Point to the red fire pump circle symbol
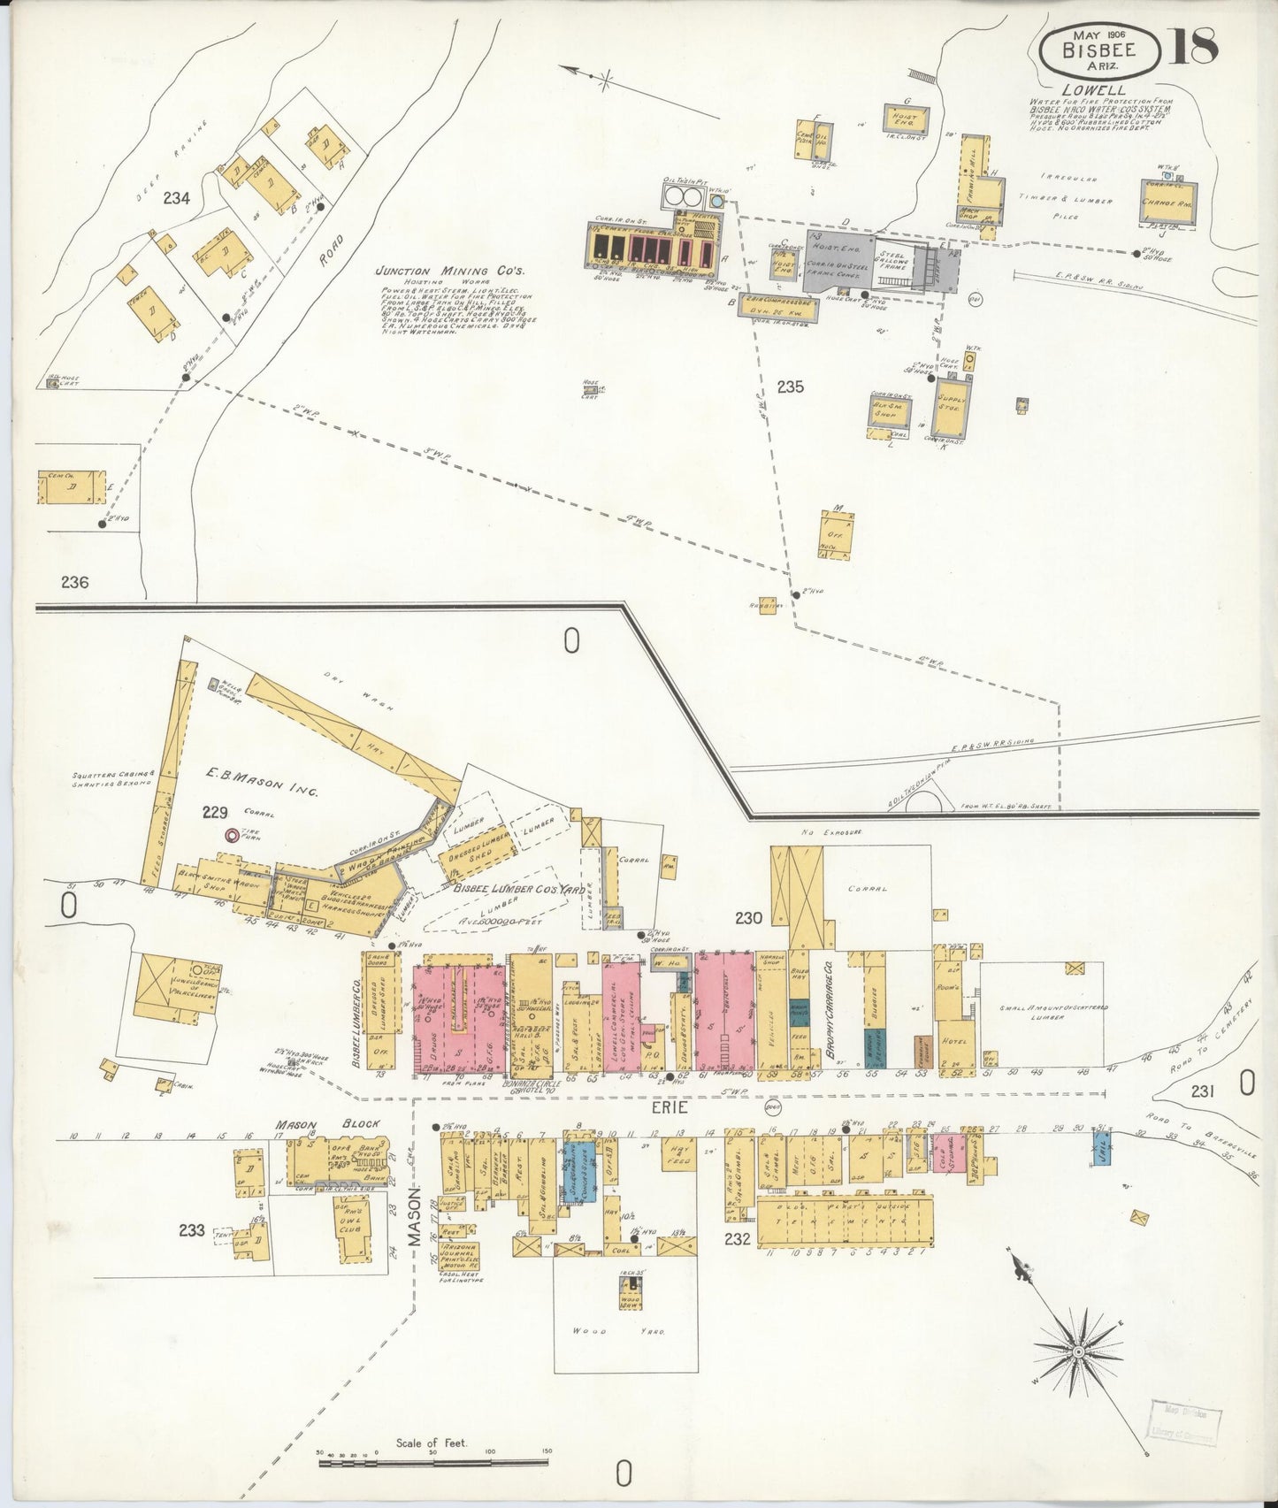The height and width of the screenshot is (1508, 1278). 233,834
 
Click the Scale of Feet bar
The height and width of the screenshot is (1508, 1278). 433,1464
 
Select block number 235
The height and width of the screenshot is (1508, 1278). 790,387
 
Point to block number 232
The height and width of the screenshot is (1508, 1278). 737,1239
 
